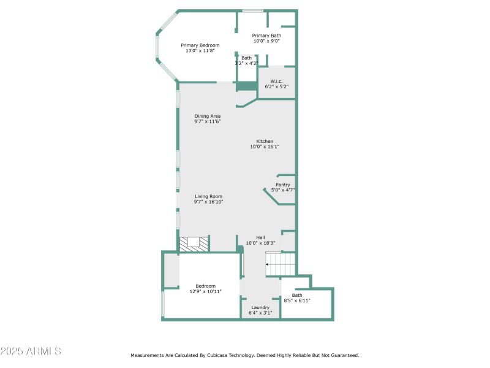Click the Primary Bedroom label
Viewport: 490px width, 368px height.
pos(200,45)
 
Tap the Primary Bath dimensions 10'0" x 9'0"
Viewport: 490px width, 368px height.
pos(266,42)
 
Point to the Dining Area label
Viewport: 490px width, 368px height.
pos(208,116)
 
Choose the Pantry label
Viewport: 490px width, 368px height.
pos(283,185)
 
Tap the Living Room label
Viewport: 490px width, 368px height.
pos(209,196)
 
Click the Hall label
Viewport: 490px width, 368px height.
pos(260,237)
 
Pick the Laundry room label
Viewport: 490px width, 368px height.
pos(260,307)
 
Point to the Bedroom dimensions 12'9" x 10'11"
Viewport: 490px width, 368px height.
pos(205,291)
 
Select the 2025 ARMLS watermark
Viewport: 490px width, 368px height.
pos(31,351)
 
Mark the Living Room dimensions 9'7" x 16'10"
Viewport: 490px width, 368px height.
pos(209,202)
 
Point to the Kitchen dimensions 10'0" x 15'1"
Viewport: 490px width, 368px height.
pos(265,147)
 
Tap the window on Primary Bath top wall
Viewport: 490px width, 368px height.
pos(252,10)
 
